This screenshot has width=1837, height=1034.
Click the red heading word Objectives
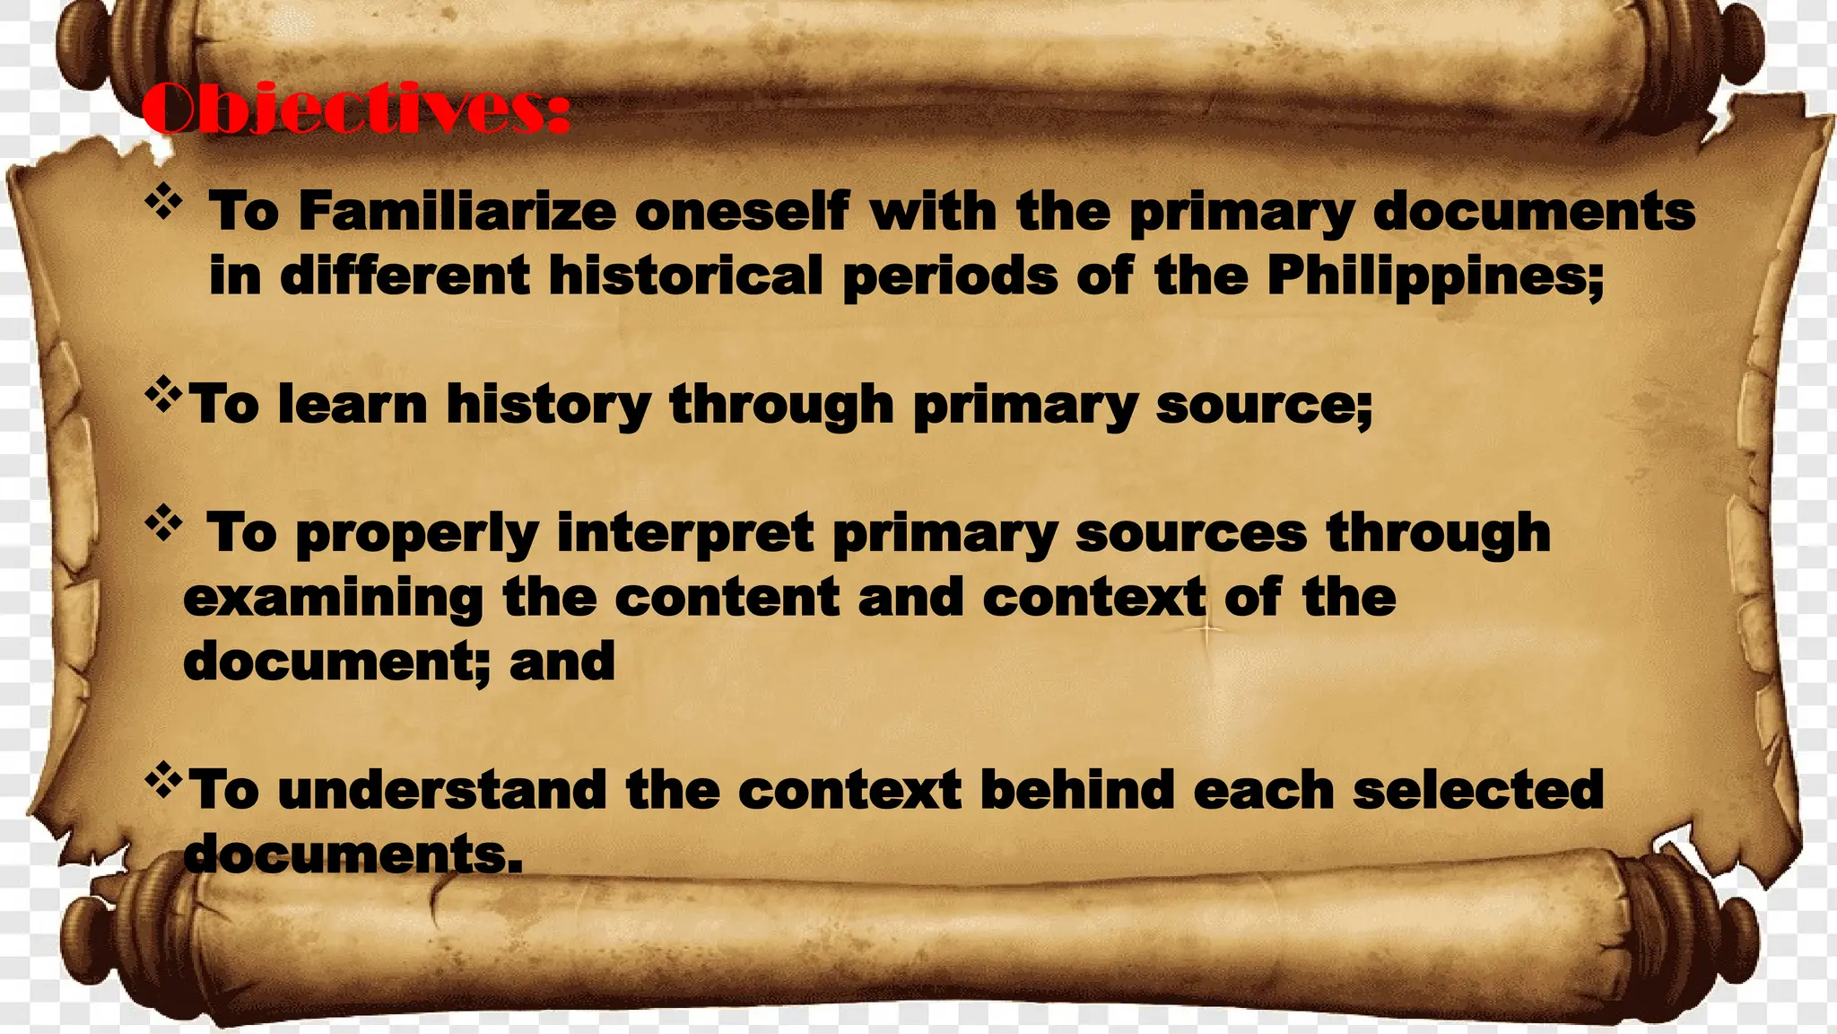355,108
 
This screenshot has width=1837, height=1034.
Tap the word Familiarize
457,212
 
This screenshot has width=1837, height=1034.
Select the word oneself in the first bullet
742,212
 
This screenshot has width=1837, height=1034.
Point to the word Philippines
1434,276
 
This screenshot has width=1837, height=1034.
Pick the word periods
950,276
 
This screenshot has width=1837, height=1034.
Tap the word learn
353,404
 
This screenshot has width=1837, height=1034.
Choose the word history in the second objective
549,406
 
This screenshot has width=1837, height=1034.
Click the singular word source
1263,406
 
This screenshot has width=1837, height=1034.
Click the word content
727,598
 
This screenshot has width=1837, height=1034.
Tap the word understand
442,790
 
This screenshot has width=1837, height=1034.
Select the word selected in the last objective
1477,790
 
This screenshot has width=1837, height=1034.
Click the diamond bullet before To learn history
163,395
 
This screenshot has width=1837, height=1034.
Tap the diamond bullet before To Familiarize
163,204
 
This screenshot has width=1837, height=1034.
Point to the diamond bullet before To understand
163,780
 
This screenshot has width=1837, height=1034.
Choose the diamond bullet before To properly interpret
163,524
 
